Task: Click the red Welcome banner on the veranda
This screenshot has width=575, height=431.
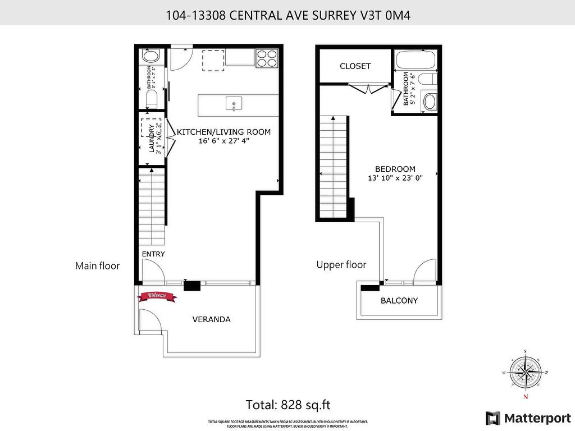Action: (157, 296)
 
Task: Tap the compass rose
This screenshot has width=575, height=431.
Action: (526, 372)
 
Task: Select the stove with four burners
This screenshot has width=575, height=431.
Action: (267, 58)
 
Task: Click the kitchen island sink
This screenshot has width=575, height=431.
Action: (234, 103)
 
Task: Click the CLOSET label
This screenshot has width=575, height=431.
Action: (355, 66)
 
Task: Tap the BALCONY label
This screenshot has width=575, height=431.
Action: (399, 300)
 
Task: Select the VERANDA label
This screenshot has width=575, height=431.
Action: (211, 319)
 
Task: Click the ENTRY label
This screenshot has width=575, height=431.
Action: (153, 254)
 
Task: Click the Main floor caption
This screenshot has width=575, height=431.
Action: (97, 266)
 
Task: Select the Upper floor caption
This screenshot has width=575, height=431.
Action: (341, 265)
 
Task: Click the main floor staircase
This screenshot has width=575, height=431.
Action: (152, 208)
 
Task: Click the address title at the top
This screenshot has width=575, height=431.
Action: (287, 15)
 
